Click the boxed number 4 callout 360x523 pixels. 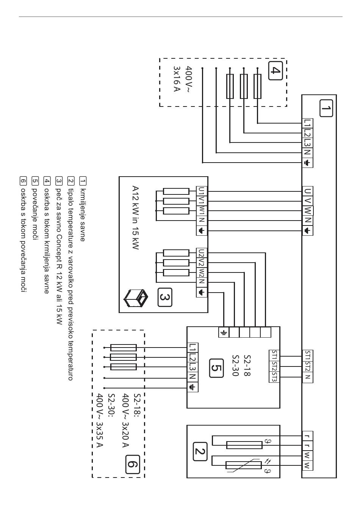[275, 70]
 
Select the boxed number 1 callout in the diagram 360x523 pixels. [326, 108]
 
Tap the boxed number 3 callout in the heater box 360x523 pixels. [165, 297]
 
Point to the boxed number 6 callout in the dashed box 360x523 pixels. [132, 464]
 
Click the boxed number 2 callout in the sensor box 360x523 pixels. [200, 451]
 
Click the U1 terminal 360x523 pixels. [202, 191]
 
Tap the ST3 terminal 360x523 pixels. [275, 377]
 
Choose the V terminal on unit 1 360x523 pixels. [308, 201]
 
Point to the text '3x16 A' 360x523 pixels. [177, 79]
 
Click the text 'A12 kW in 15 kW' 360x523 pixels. [135, 218]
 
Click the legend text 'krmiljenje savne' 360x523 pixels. [83, 215]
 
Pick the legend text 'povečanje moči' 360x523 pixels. [35, 214]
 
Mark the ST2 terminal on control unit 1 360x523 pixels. [308, 366]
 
